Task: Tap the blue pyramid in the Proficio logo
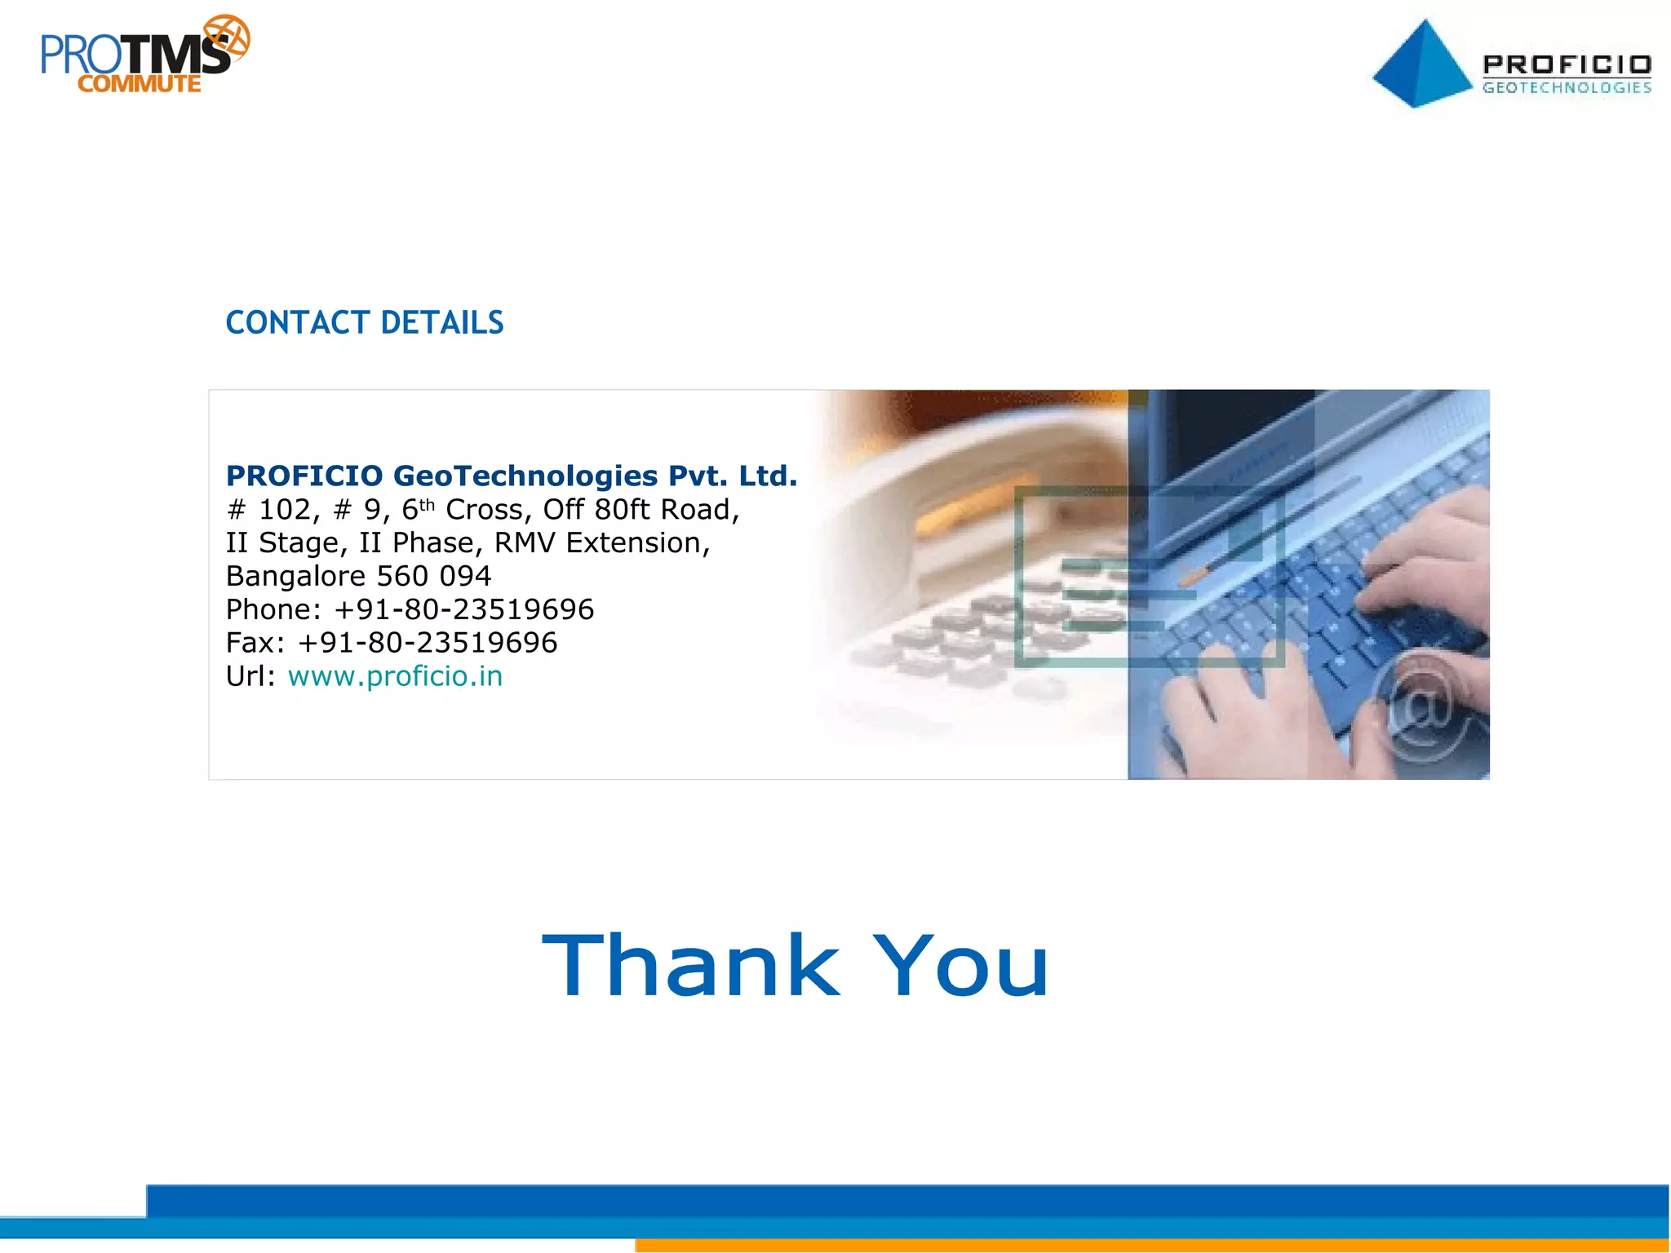[1421, 65]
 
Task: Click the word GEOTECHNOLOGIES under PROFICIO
[1567, 88]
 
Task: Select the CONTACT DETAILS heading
[364, 323]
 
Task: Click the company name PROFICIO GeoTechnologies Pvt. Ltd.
[512, 476]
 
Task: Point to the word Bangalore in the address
[295, 576]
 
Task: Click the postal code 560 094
[433, 576]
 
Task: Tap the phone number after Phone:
[463, 609]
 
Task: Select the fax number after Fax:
[428, 643]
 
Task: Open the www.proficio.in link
[395, 676]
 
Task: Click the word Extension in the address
[637, 542]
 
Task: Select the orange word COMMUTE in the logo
[140, 84]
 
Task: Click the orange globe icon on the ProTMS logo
[227, 38]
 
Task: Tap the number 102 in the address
[285, 510]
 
